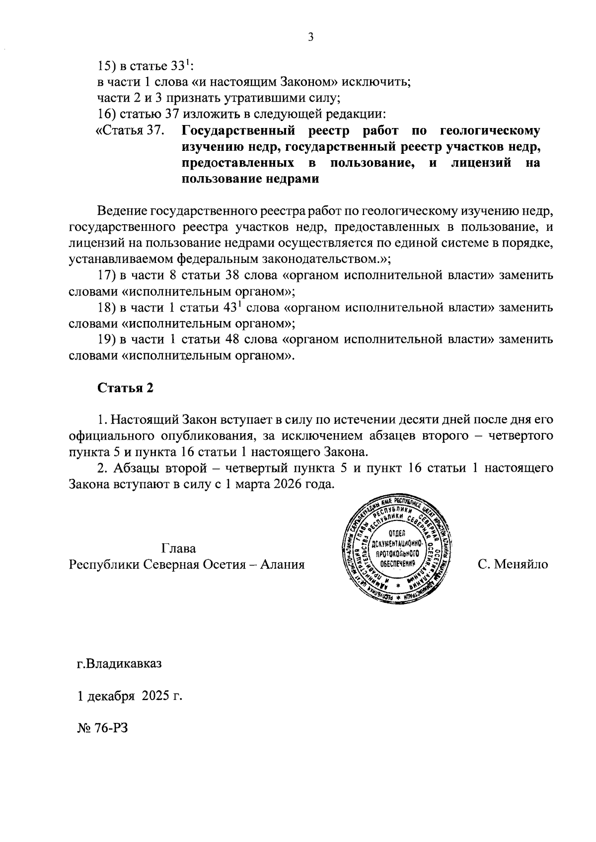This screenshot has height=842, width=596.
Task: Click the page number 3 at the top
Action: point(310,37)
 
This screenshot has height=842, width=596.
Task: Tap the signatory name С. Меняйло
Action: point(513,565)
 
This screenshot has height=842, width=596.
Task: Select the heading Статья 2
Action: point(125,388)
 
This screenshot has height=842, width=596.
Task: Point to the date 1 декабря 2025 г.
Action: point(130,696)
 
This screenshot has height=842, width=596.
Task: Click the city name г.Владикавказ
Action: point(119,663)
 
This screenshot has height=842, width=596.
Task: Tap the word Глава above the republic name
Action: point(179,549)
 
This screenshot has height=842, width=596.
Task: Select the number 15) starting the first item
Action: point(105,66)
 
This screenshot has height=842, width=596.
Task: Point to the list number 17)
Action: point(106,275)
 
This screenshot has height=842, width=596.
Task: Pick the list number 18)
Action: point(106,308)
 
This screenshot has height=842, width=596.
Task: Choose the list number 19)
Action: point(106,340)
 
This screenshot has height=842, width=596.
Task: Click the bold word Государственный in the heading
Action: point(239,131)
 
